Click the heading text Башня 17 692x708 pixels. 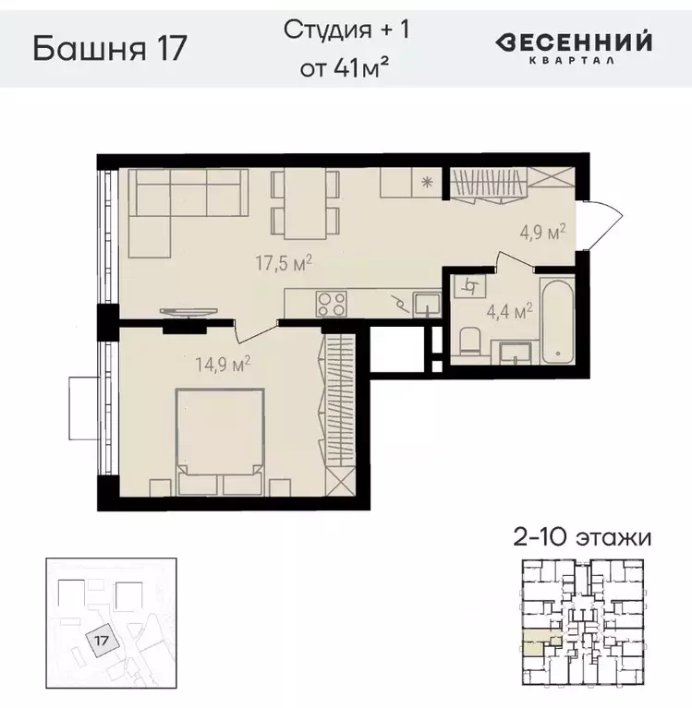coord(110,46)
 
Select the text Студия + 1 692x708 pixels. coord(346,29)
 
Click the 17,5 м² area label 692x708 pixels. coord(284,263)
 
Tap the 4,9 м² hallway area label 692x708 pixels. coord(544,234)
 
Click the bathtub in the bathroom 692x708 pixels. coord(558,322)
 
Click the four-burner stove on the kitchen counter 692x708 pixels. coord(332,302)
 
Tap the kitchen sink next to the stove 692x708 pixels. coord(427,303)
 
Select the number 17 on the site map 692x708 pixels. coord(103,637)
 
